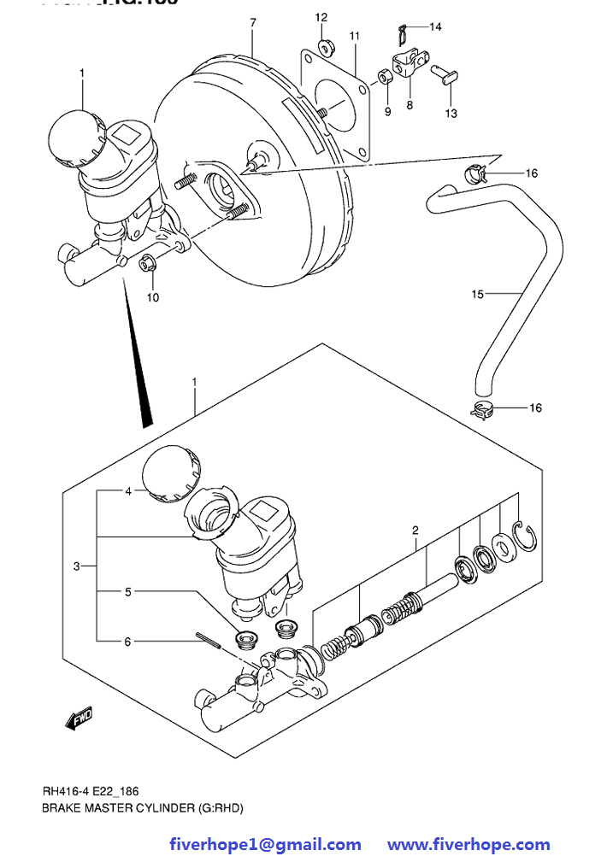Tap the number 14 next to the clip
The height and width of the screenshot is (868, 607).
(x=435, y=27)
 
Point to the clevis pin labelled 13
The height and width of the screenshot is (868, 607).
(x=445, y=74)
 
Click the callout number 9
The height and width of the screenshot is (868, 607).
(x=387, y=111)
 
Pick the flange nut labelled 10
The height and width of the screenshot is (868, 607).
(x=146, y=264)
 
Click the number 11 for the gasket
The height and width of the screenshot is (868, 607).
(x=355, y=36)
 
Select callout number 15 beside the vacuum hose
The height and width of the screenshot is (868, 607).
(x=477, y=295)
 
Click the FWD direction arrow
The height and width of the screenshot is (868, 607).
(x=79, y=718)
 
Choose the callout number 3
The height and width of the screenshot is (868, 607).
(x=76, y=566)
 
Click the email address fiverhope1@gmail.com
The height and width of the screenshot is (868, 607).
(x=265, y=844)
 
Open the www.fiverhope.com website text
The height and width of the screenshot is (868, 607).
(x=469, y=844)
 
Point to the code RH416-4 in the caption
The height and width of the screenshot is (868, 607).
(x=63, y=791)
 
